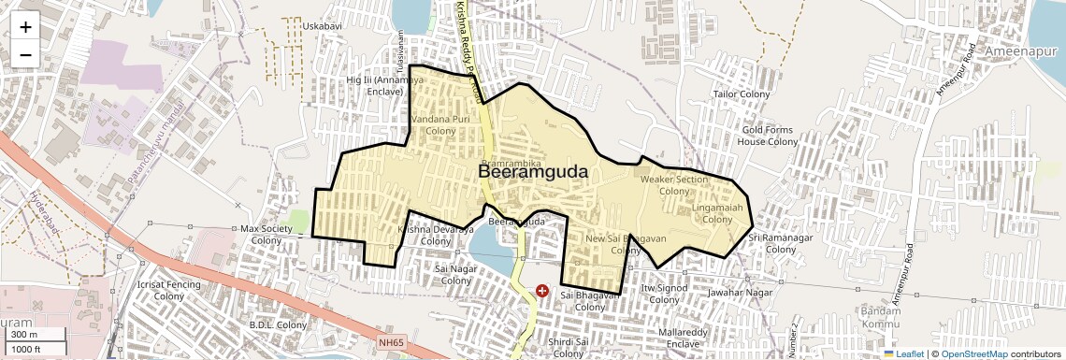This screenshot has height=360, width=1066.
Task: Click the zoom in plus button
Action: [25, 26]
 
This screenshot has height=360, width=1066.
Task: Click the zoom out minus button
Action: [25, 54]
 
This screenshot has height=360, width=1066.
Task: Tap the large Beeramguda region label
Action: [533, 172]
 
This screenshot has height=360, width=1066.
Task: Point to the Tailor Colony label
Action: [741, 94]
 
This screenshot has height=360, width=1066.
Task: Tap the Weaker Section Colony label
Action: [674, 185]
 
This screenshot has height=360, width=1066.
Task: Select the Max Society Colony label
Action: [266, 235]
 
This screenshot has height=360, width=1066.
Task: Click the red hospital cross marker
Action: [543, 293]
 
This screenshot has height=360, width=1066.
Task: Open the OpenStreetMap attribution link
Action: [973, 353]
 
